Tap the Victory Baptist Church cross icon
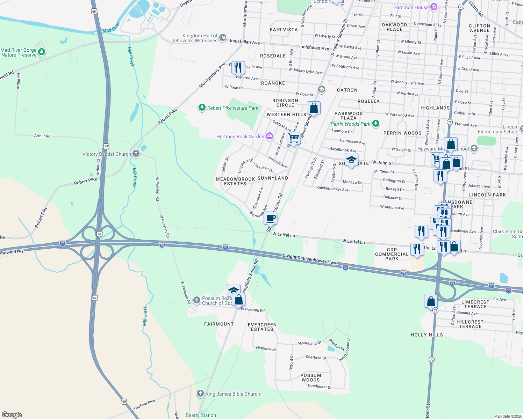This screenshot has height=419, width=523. pos(136,154)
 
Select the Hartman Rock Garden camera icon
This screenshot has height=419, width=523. pos(269,136)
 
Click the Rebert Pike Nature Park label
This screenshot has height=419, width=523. pos(232,108)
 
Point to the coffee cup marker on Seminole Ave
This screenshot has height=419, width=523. pos(270,218)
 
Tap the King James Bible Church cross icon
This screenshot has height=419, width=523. pos(200,394)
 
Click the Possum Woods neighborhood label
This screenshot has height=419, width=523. pos(311,377)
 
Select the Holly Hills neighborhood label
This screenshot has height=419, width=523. pos(427,335)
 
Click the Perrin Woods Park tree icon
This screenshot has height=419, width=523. pos(375,123)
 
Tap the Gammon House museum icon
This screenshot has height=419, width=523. pos(434,7)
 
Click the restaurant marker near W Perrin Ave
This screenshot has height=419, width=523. pos(238,68)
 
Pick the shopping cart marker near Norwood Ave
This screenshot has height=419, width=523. pos(293,138)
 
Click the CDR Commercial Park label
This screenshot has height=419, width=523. pos(392,254)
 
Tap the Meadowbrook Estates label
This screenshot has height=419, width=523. pos(235,181)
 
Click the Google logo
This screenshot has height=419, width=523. pos(12,415)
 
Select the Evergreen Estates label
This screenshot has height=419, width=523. pos(262,327)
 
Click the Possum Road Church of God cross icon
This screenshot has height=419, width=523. pos(197,300)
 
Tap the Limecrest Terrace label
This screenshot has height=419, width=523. pos(475,304)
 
